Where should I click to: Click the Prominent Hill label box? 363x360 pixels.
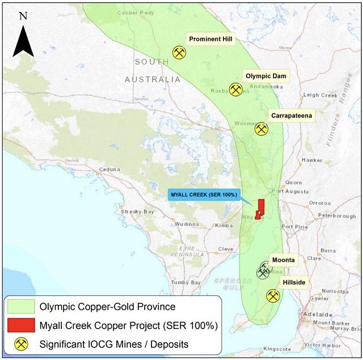210,39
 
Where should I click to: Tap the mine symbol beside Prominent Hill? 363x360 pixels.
179,53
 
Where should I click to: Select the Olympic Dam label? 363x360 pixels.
267,75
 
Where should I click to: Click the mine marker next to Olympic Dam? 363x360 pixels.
235,90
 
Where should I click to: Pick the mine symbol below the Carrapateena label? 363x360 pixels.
261,129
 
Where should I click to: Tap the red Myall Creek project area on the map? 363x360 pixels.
260,208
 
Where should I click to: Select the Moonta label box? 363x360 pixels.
283,260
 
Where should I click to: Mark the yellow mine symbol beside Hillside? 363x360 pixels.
273,296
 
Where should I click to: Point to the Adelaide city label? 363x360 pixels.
318,314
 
